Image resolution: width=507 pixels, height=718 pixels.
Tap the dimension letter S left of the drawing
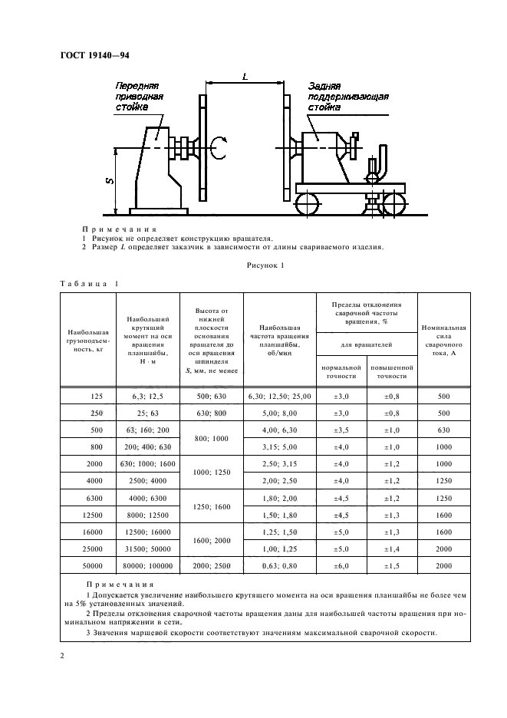pos(110,181)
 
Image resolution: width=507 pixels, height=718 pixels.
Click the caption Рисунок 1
pos(264,266)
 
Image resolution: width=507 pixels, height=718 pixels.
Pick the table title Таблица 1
pos(89,284)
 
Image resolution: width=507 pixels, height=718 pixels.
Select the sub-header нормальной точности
pos(341,372)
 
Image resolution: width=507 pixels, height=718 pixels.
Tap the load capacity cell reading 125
pos(96,396)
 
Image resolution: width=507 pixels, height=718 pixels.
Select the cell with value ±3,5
pos(341,430)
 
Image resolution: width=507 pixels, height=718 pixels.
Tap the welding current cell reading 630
pos(444,430)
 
